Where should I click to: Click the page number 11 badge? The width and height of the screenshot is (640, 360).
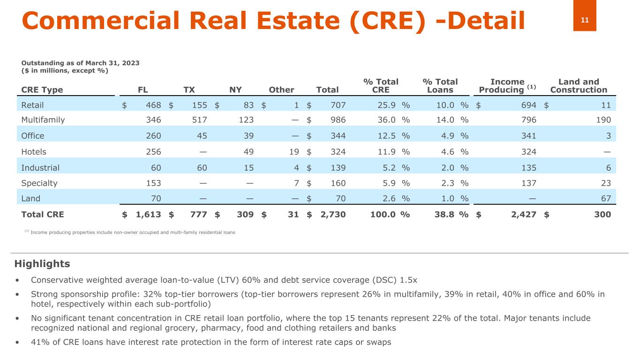(584, 20)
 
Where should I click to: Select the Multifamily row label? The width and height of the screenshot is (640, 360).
(43, 120)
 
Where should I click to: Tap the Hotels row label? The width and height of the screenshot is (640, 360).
(34, 152)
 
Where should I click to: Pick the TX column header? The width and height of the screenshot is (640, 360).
(189, 90)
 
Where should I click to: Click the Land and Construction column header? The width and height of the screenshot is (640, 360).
(579, 86)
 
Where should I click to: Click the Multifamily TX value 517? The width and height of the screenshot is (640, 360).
(200, 120)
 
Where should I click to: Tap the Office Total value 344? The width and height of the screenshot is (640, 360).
(338, 136)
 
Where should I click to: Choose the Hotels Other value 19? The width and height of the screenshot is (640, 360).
(294, 152)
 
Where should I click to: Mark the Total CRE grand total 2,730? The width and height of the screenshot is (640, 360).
(333, 215)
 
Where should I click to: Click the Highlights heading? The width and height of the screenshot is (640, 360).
(42, 264)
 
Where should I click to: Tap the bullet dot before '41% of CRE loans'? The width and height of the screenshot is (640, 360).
(17, 342)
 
